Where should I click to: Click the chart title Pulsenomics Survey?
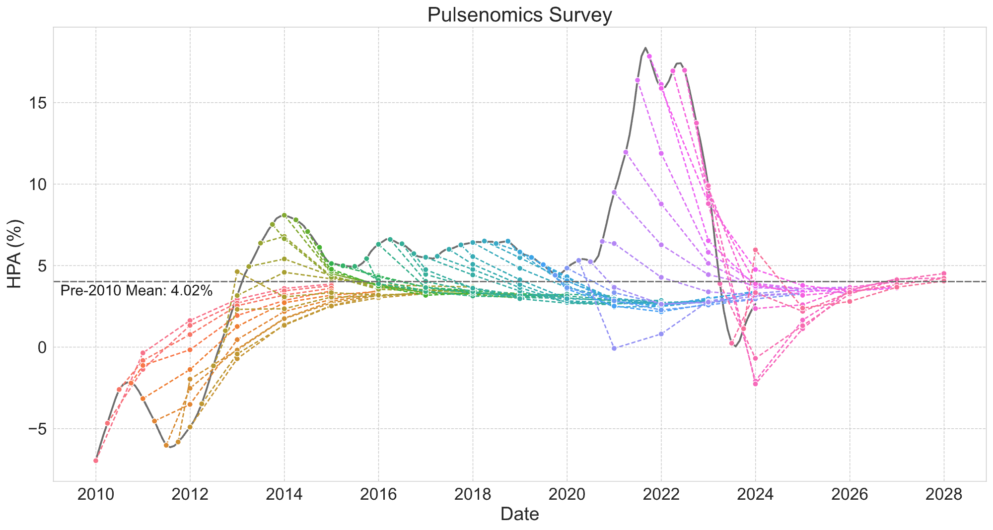(519, 15)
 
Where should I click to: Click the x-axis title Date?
(519, 514)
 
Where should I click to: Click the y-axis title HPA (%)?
(16, 254)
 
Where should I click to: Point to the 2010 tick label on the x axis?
(96, 495)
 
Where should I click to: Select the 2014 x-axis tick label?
(284, 495)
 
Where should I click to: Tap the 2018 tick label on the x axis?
(473, 495)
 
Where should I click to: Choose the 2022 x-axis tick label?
(661, 495)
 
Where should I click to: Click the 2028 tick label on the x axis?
(944, 495)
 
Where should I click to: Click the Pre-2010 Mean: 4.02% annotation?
(137, 291)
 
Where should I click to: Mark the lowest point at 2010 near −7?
(96, 461)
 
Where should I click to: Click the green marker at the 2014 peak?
(284, 215)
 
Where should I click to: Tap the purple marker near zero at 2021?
(614, 348)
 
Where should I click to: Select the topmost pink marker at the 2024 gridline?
(755, 250)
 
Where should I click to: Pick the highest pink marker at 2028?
(944, 273)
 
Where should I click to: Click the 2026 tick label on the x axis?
(850, 495)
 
